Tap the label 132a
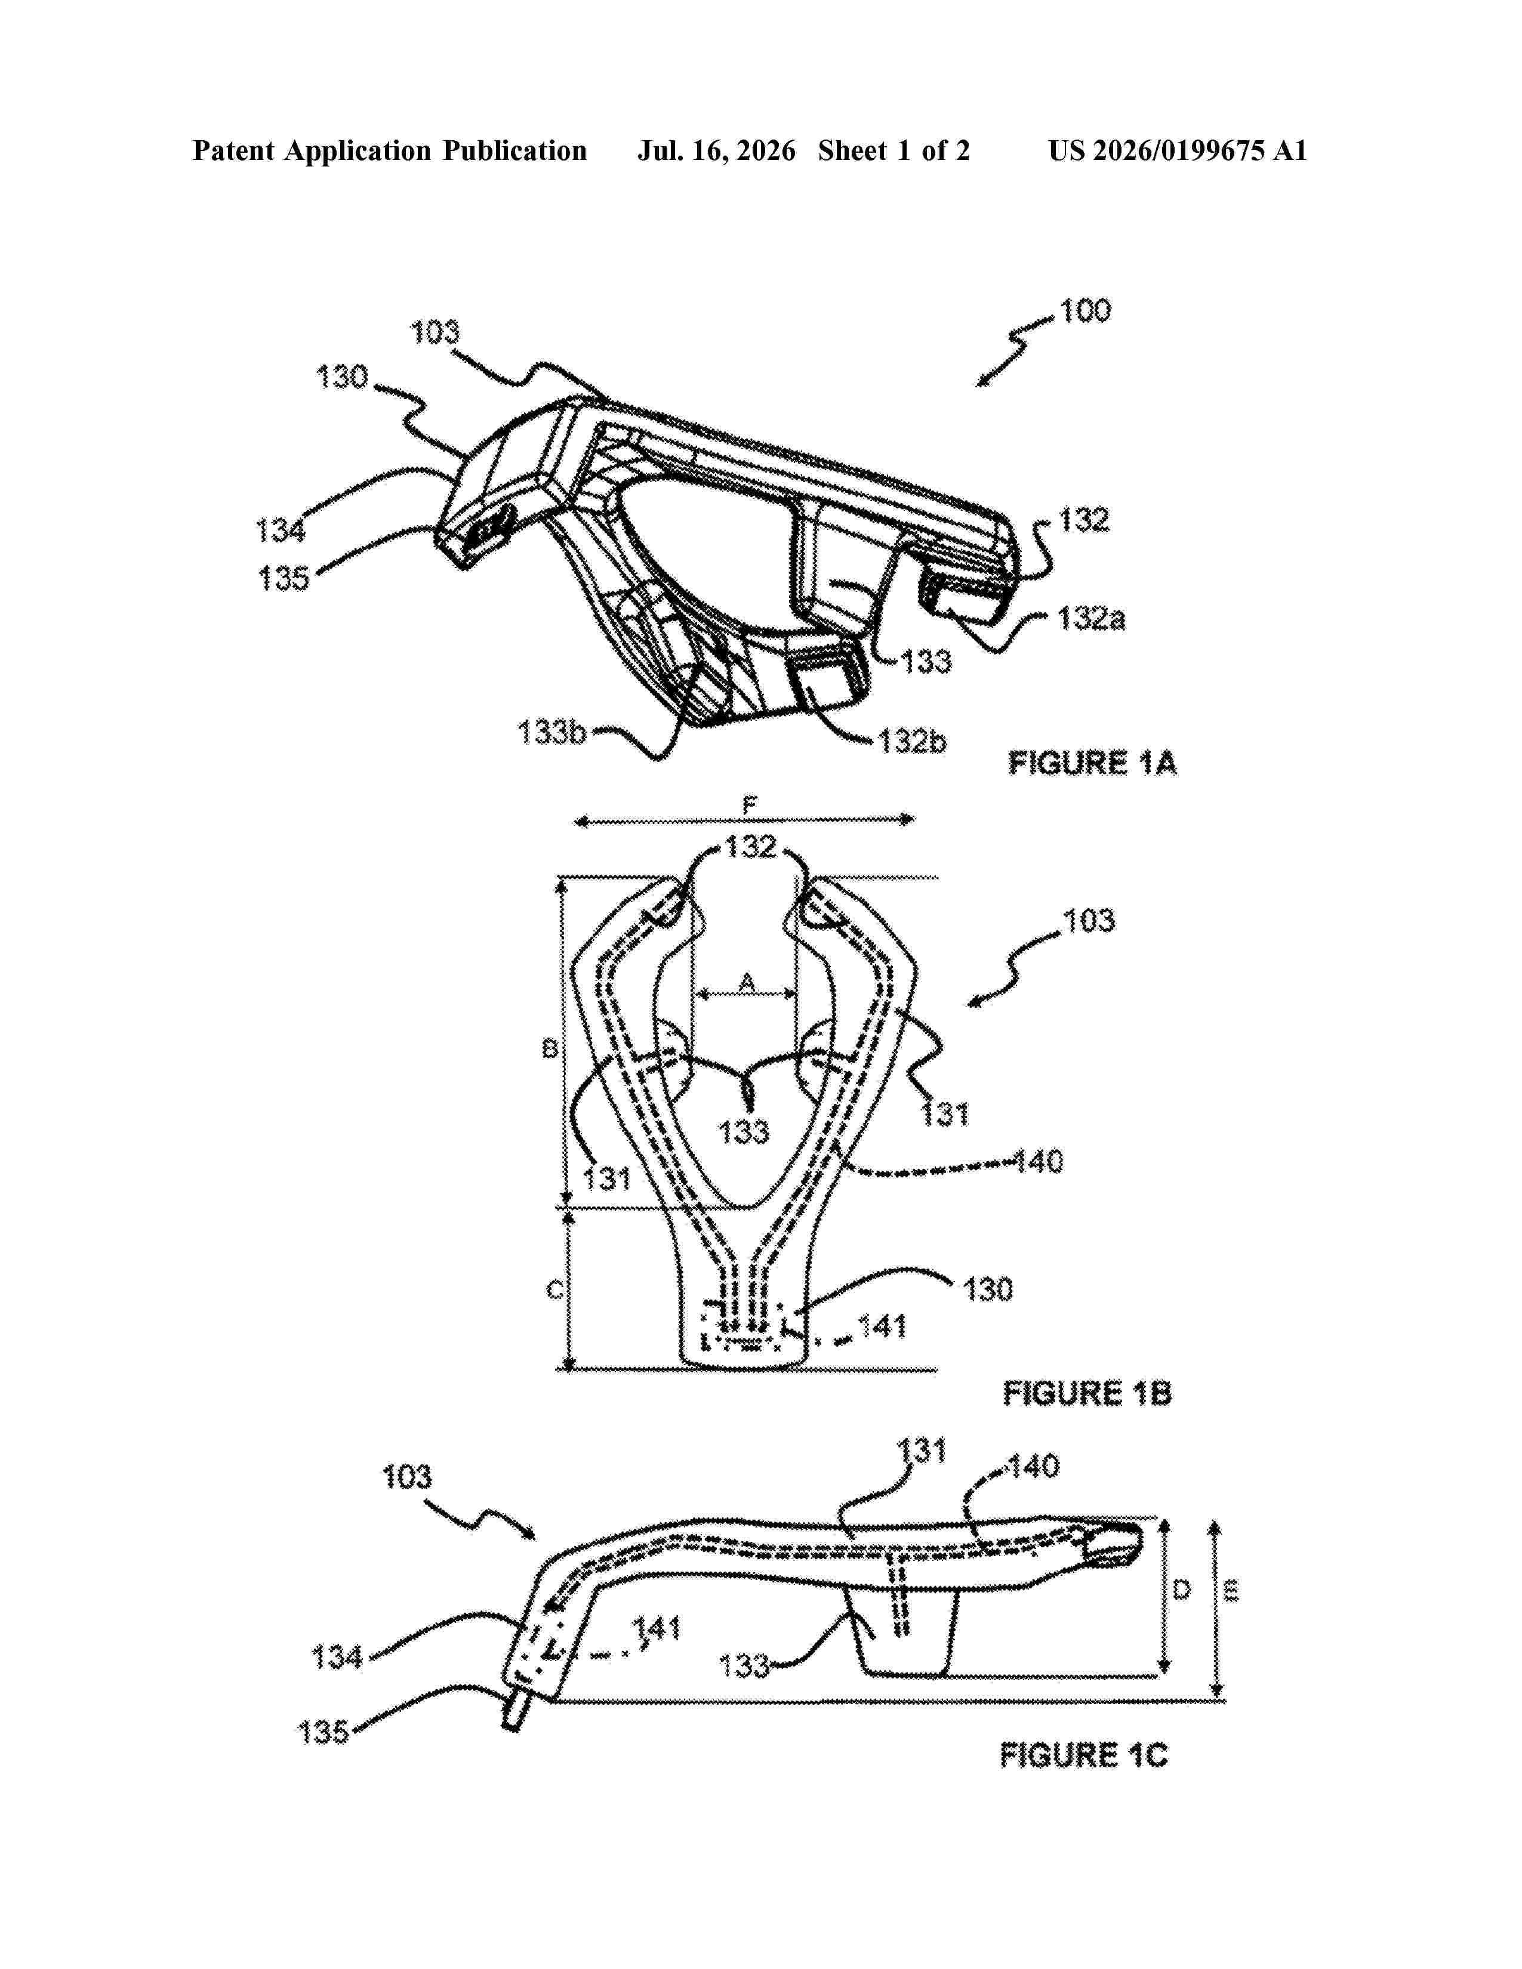tap(1091, 619)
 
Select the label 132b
tap(913, 741)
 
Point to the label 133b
tap(552, 732)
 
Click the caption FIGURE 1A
tap(1092, 764)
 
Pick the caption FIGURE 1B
tap(1087, 1394)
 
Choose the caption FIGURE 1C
tap(1084, 1755)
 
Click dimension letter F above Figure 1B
tap(749, 805)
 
